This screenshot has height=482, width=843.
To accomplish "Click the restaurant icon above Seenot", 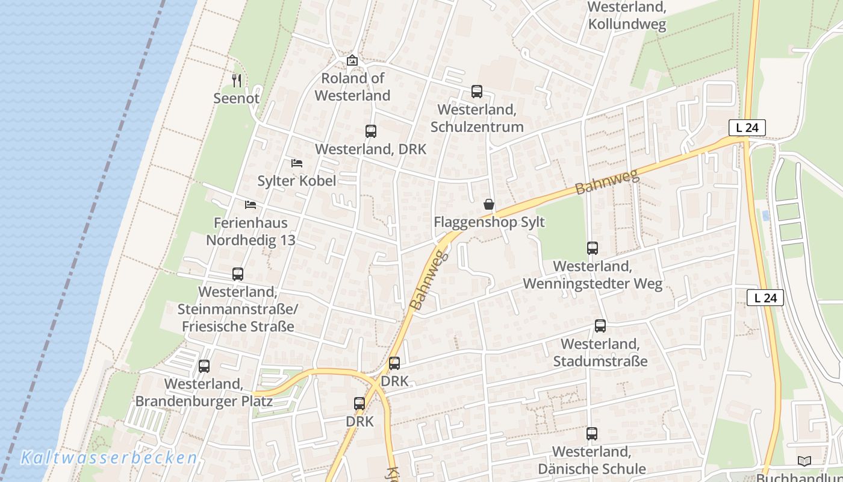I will (x=237, y=80).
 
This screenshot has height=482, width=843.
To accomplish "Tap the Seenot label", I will (x=237, y=98).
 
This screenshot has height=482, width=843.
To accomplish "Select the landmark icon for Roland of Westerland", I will (x=352, y=60).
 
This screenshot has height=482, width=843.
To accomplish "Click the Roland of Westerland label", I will (x=352, y=87).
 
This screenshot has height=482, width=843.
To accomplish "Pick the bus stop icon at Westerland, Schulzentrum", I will (x=477, y=92).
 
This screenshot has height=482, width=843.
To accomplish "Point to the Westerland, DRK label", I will (x=370, y=149).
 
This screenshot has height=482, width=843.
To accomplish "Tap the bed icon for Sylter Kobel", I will (x=296, y=163).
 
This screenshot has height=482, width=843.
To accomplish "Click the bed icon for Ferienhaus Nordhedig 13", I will (x=250, y=205).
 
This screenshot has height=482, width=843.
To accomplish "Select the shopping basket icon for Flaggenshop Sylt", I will (x=489, y=205).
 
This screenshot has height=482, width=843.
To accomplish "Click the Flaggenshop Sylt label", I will (x=489, y=222).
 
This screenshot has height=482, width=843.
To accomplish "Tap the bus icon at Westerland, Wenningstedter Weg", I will (x=593, y=248).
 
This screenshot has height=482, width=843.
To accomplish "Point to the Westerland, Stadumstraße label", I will (x=600, y=352).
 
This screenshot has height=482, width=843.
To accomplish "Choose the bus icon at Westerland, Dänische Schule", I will (x=592, y=434).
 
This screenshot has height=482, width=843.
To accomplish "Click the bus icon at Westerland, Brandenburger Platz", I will (x=204, y=366).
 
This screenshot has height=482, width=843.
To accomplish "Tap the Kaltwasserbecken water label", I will (x=109, y=458).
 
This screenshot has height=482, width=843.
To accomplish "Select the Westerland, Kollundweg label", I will (x=627, y=16).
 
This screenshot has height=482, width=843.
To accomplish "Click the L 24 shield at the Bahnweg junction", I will (x=747, y=128).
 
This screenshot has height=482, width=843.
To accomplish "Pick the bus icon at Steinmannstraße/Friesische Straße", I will (x=238, y=274).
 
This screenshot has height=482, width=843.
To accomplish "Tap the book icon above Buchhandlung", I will (x=804, y=462).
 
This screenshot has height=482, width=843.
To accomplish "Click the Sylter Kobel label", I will (x=296, y=181).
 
